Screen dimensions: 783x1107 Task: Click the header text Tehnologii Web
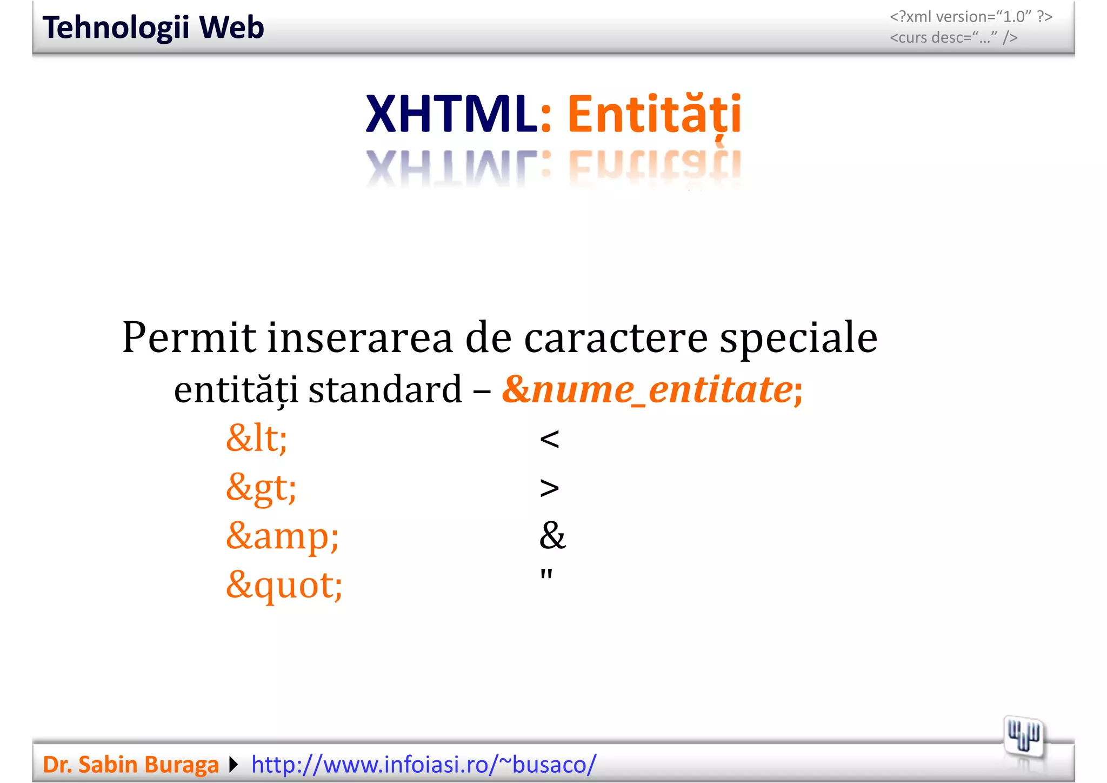pos(153,28)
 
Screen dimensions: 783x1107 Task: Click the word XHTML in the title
pos(451,114)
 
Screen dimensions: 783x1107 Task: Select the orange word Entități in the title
pos(654,114)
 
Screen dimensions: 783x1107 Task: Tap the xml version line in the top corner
pos(971,17)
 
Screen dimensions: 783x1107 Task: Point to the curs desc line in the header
pos(953,38)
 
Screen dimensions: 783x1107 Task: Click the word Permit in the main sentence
pos(189,337)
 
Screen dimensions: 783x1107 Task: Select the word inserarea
pos(360,337)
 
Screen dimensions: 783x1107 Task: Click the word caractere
pos(616,337)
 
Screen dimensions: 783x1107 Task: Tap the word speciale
pos(798,337)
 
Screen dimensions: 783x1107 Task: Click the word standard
pos(385,389)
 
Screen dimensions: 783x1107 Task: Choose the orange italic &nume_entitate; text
pos(652,389)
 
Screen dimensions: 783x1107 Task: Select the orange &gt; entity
pos(261,487)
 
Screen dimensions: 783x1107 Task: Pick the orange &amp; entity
pos(282,536)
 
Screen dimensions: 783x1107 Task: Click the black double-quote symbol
pos(546,574)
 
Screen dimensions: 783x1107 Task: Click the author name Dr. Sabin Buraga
pos(131,765)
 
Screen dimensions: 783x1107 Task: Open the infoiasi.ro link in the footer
pos(424,765)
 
